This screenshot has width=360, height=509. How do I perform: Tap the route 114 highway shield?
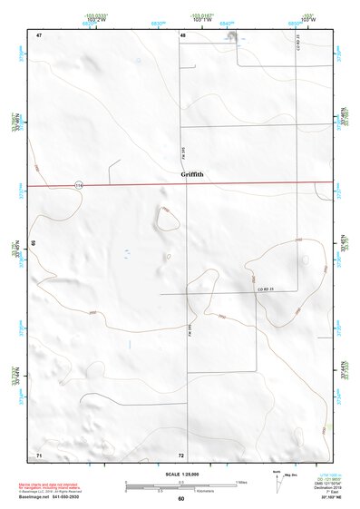tap(79, 184)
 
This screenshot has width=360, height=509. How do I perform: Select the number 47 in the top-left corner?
tap(39, 34)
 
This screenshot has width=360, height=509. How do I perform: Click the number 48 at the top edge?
tap(182, 34)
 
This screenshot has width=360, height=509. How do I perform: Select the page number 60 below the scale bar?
tap(180, 499)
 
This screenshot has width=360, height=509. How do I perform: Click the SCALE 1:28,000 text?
tap(180, 475)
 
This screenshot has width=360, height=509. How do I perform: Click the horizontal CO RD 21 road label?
tap(265, 289)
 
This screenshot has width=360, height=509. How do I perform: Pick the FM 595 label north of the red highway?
tap(185, 142)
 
